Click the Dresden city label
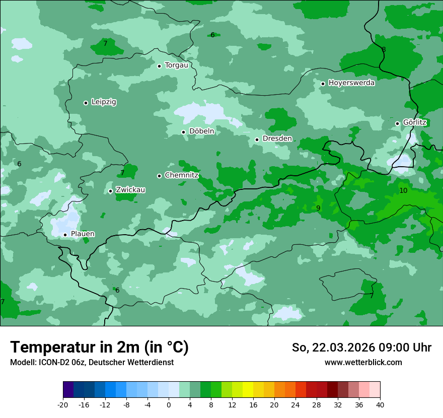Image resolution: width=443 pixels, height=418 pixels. click(277, 138)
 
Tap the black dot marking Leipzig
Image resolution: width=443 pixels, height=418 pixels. click(86, 103)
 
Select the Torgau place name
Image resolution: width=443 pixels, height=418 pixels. click(176, 65)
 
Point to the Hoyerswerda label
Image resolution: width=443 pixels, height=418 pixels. click(351, 83)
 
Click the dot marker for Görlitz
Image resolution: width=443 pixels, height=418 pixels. click(397, 123)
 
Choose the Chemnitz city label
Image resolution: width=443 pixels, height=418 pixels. click(181, 175)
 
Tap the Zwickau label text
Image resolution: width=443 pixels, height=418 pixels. click(130, 190)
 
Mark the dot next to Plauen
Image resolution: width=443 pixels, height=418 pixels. click(65, 235)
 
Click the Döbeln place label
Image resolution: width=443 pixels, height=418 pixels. click(201, 131)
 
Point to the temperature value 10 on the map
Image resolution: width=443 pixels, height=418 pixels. click(403, 191)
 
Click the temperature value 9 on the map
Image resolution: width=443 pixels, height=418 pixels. click(318, 208)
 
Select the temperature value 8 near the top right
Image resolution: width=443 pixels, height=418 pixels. click(384, 50)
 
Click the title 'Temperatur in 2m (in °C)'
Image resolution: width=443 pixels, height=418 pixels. click(99, 347)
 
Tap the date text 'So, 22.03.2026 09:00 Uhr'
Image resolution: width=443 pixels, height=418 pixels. click(361, 347)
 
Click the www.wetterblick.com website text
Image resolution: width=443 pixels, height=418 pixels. click(363, 362)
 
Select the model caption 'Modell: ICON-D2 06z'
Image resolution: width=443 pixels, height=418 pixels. click(48, 362)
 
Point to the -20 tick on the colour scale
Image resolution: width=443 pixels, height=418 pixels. click(63, 404)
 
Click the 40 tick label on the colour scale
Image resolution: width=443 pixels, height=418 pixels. click(380, 404)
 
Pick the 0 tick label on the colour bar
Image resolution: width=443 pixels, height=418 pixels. click(169, 404)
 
